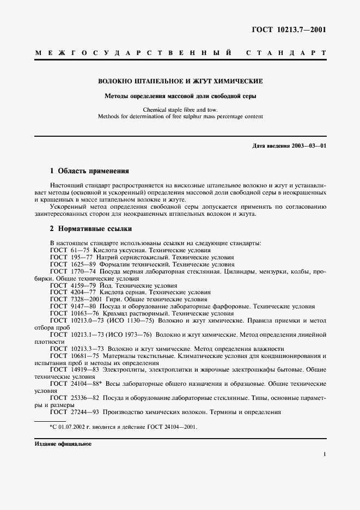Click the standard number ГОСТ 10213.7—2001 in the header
pyautogui.click(x=295, y=29)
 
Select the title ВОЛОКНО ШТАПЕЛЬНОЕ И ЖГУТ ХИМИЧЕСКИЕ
pyautogui.click(x=180, y=81)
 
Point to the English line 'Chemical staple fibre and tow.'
pyautogui.click(x=180, y=110)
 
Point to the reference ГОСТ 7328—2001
pyautogui.click(x=77, y=299)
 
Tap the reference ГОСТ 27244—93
pyautogui.click(x=76, y=412)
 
